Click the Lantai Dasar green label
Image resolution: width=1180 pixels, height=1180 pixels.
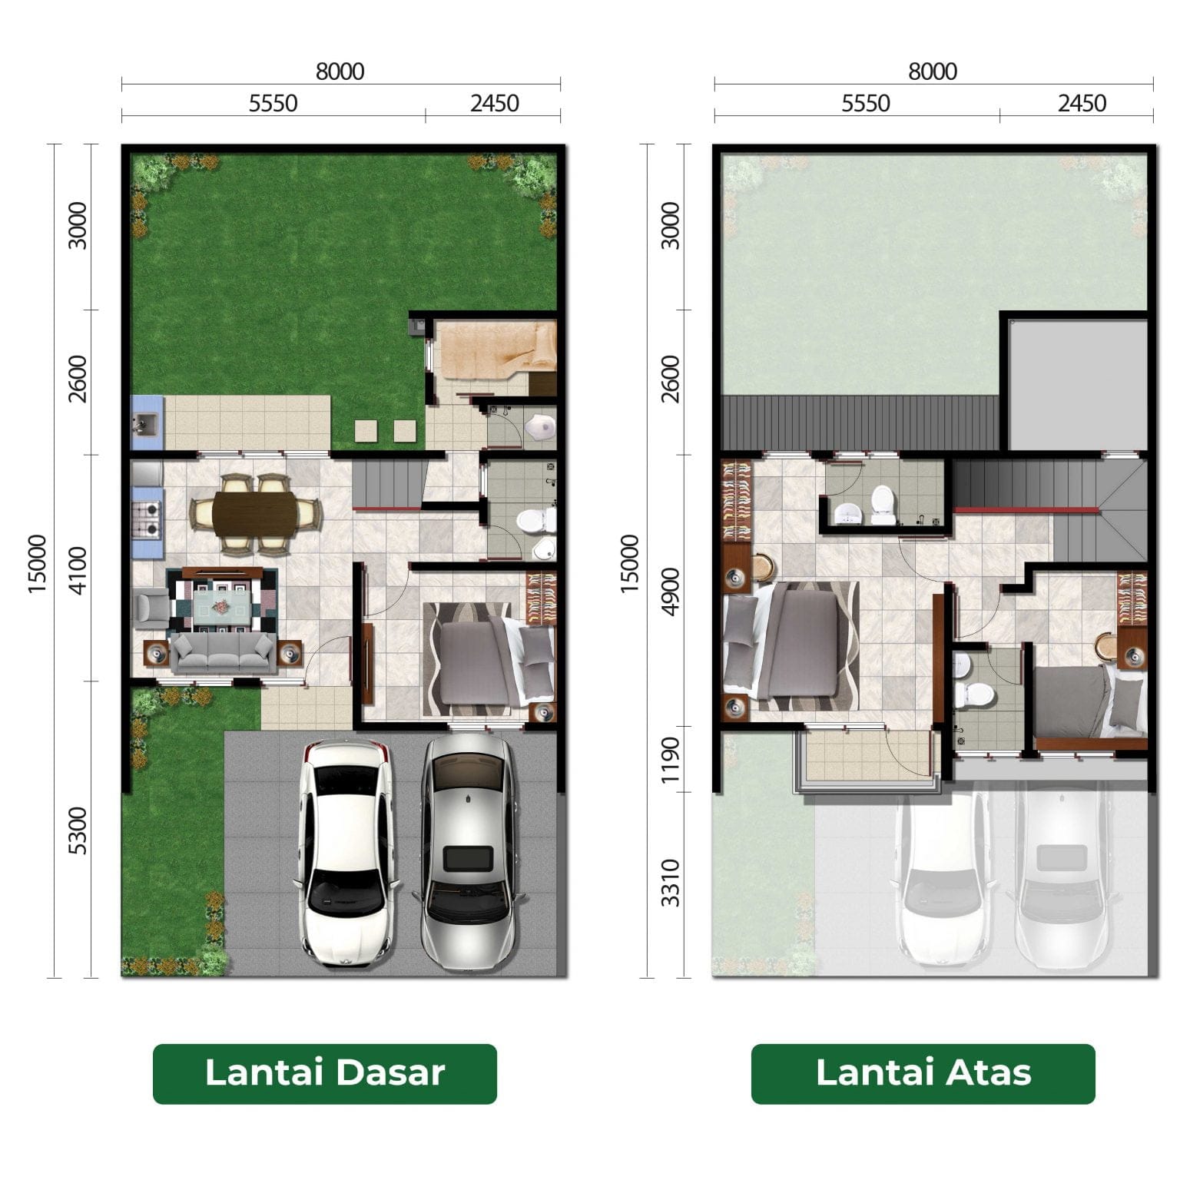pos(324,1073)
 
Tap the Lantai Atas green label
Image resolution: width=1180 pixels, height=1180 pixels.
pos(923,1073)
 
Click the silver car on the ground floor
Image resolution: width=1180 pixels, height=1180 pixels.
pos(468,852)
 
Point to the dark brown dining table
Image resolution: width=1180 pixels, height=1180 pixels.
pos(255,514)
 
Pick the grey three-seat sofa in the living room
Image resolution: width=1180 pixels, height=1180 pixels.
pos(222,653)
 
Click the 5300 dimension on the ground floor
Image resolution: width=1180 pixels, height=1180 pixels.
pos(78,830)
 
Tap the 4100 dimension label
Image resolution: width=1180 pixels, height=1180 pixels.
pos(78,569)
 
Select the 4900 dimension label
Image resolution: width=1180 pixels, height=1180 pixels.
pos(671,591)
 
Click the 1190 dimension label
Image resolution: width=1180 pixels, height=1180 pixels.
pos(671,760)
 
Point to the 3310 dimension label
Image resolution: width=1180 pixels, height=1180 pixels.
pos(671,883)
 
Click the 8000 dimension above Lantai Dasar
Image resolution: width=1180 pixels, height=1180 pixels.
pos(340,71)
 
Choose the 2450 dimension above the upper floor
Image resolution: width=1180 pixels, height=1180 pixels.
pos(1082,103)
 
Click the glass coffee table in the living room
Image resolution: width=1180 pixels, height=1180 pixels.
pos(222,599)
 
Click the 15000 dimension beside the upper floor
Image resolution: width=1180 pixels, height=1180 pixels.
pos(629,564)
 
